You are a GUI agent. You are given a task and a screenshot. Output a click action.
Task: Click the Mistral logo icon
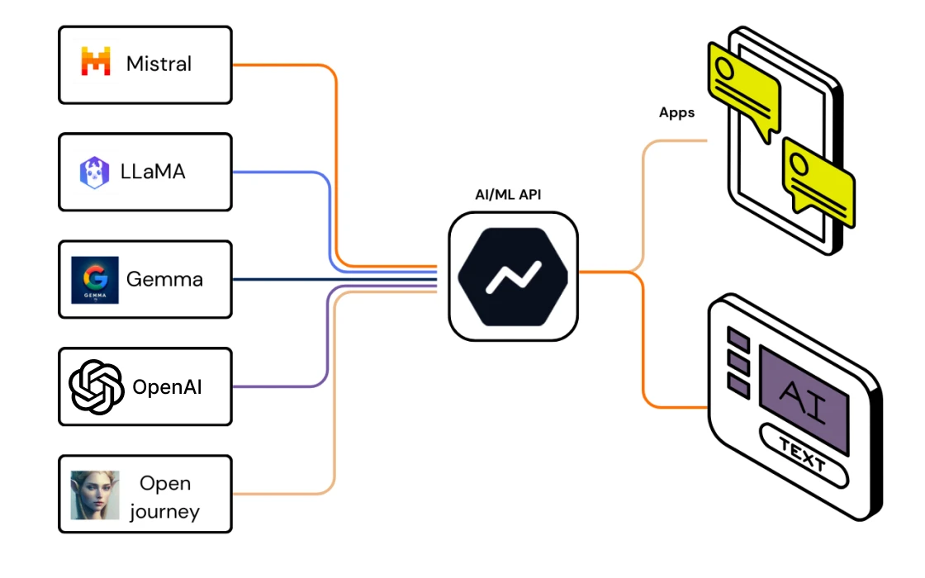[x=96, y=63]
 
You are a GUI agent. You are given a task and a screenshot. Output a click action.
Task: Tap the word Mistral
[x=159, y=64]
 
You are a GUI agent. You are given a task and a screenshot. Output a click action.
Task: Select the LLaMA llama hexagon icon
[x=95, y=172]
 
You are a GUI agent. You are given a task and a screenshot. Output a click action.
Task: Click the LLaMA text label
[x=153, y=172]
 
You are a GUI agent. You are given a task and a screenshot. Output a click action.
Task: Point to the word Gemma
[x=164, y=279]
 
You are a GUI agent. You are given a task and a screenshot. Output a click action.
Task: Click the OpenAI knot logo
[x=96, y=386]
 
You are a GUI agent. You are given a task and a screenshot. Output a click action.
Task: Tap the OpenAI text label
[x=167, y=387]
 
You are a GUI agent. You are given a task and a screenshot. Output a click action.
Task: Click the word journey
[x=164, y=511]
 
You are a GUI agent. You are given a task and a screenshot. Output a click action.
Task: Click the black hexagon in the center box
[x=512, y=276]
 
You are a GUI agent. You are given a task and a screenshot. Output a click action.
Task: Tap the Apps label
[x=676, y=113]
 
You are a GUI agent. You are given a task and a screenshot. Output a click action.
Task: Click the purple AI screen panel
[x=804, y=399]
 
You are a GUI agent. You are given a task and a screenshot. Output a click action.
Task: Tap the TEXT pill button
[x=803, y=456]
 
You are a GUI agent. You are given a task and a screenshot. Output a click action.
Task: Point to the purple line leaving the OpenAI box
[x=281, y=386]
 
